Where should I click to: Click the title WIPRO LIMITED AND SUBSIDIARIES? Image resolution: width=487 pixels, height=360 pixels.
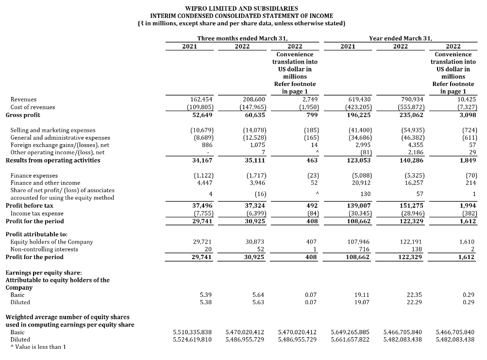242,8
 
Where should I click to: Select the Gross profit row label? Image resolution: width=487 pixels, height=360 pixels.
23,115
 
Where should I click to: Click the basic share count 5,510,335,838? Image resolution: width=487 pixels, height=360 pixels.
192,332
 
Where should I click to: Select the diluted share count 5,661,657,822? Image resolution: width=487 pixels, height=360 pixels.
350,340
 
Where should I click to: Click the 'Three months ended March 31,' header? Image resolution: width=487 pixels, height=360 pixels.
242,38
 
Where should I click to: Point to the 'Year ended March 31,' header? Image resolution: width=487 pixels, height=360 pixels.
401,38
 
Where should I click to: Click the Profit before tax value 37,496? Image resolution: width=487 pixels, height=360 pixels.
203,206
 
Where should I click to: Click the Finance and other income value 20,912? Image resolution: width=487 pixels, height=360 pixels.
360,183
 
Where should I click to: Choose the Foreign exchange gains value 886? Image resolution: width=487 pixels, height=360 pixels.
207,145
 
